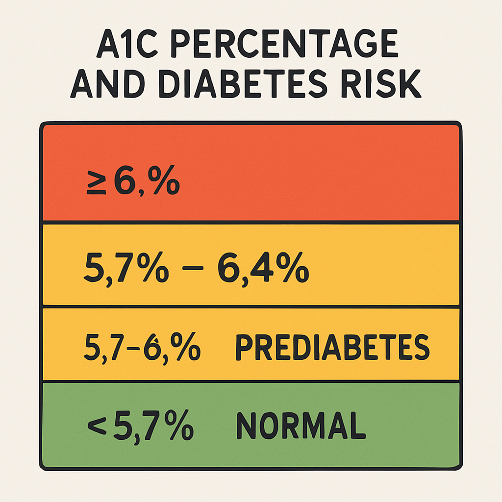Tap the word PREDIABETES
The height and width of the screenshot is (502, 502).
pyautogui.click(x=332, y=348)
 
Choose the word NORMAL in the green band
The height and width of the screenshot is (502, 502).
pyautogui.click(x=301, y=426)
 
